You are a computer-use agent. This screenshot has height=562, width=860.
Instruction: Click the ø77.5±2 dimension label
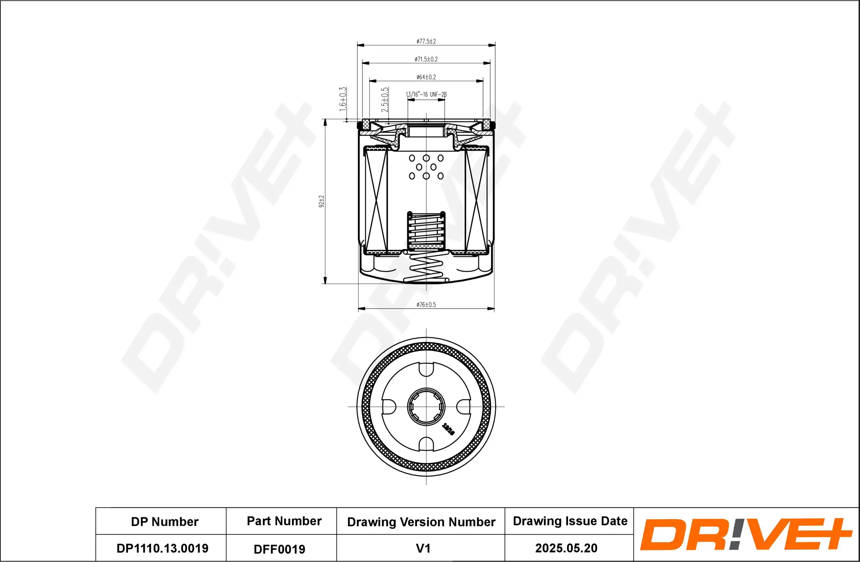pyautogui.click(x=426, y=42)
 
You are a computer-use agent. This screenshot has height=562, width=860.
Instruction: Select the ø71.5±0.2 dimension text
pyautogui.click(x=426, y=59)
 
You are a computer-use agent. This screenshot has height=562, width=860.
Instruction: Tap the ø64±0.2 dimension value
pyautogui.click(x=426, y=77)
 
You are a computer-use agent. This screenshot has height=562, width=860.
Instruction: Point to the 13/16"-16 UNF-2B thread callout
pyautogui.click(x=426, y=94)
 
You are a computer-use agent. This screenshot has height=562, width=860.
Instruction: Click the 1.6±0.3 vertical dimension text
pyautogui.click(x=343, y=99)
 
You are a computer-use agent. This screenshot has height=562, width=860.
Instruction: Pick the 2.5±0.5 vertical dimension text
pyautogui.click(x=385, y=99)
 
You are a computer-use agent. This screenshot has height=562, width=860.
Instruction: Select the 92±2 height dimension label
pyautogui.click(x=321, y=201)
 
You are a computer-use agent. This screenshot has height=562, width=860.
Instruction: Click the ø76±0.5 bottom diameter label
pyautogui.click(x=426, y=305)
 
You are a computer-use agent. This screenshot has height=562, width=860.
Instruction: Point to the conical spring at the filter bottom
pyautogui.click(x=426, y=268)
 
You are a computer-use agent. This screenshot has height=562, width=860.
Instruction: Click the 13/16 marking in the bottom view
pyautogui.click(x=449, y=429)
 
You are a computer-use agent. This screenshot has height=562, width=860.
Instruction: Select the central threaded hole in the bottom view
pyautogui.click(x=426, y=406)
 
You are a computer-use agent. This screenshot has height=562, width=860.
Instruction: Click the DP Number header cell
pyautogui.click(x=164, y=521)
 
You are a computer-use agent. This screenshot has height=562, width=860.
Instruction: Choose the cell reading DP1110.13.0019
pyautogui.click(x=162, y=548)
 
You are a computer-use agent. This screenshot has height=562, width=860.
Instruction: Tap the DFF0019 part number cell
pyautogui.click(x=279, y=549)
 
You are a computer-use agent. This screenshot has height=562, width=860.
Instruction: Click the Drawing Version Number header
pyautogui.click(x=421, y=522)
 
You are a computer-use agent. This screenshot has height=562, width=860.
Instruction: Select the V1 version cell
pyautogui.click(x=423, y=548)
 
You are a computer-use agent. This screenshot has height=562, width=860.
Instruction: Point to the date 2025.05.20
pyautogui.click(x=566, y=548)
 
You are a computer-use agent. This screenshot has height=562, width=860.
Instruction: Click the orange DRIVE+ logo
pyautogui.click(x=745, y=534)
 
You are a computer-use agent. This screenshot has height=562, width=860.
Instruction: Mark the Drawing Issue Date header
pyautogui.click(x=570, y=521)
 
